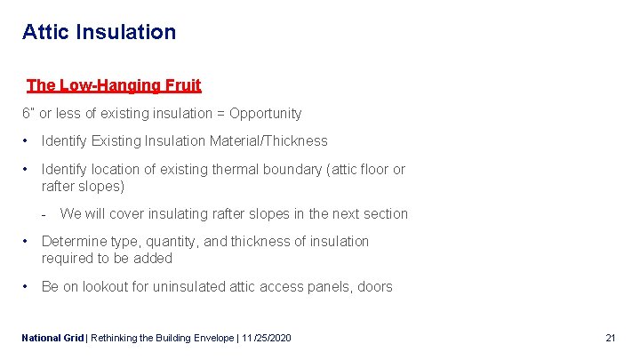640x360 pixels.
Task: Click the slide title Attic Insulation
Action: pos(99,33)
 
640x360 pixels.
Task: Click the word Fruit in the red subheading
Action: pos(182,85)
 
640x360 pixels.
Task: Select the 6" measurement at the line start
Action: pos(28,114)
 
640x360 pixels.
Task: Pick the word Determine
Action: pos(72,242)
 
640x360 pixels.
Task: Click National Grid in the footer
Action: pos(52,339)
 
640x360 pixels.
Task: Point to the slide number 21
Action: pos(610,339)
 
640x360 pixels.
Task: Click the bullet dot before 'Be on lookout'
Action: pos(28,287)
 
